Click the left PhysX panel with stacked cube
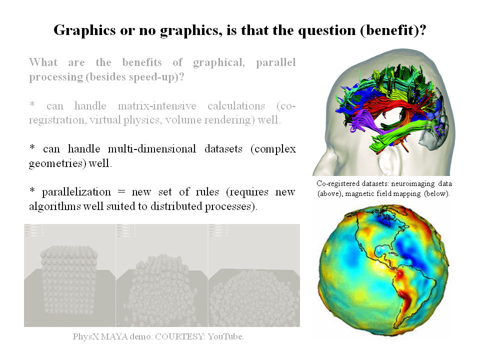coord(69,275)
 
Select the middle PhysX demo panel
coord(161,275)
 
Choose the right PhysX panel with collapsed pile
coord(253,275)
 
